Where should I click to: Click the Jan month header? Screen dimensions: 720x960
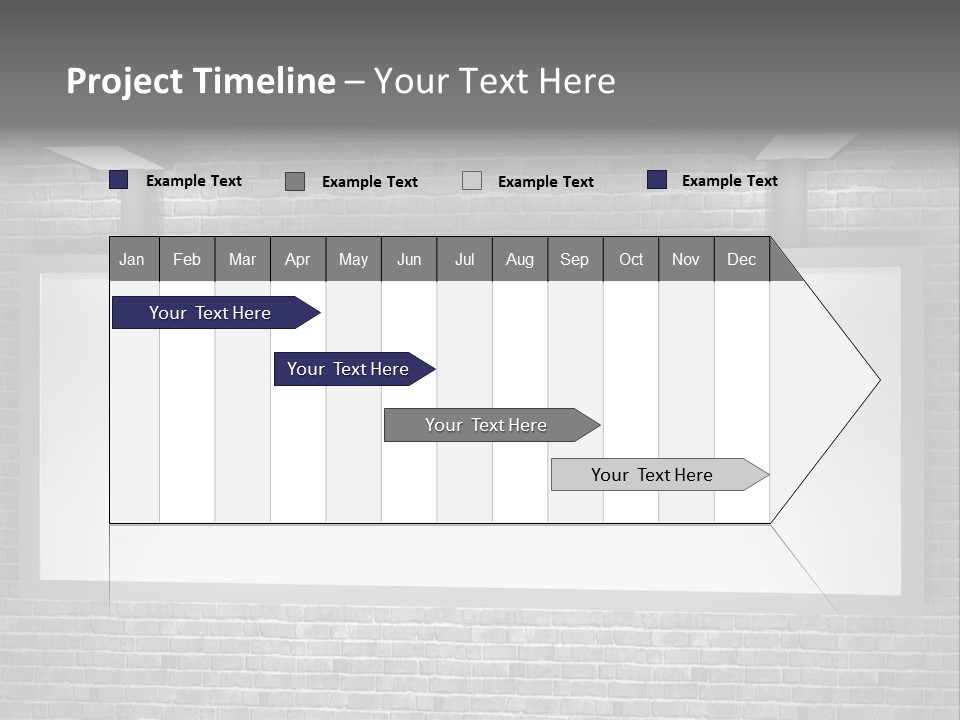coord(133,259)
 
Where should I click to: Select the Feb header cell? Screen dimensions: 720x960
coord(187,259)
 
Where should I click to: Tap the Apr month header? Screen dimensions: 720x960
coord(298,259)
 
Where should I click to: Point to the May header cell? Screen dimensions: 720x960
coord(353,259)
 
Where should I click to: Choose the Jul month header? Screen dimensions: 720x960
coord(464,259)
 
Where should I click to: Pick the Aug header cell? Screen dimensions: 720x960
coord(520,259)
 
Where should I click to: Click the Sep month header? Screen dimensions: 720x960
coord(575,259)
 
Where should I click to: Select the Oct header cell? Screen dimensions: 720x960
coord(631,259)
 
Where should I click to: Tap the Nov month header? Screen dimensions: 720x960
coord(686,259)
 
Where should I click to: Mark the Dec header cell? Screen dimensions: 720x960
coord(742,259)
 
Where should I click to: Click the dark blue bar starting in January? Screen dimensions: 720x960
coord(210,313)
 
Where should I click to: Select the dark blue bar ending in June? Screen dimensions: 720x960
coord(348,369)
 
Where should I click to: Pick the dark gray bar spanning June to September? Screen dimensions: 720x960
coord(486,425)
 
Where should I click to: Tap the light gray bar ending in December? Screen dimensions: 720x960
coord(652,475)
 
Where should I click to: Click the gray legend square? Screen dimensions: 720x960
coord(295,181)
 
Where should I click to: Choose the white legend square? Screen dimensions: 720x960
coord(472,181)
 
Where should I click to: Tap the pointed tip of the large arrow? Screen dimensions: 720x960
coord(877,380)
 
